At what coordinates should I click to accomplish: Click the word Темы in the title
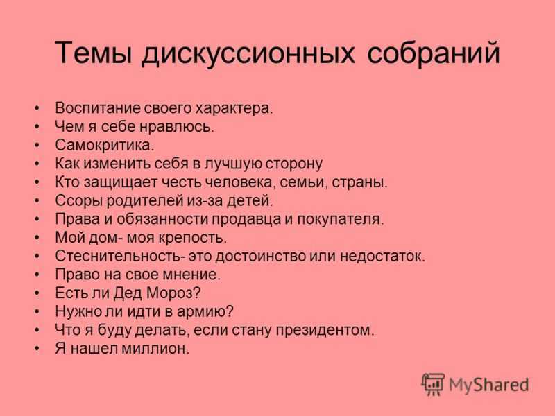[94, 53]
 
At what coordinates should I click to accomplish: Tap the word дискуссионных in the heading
[248, 55]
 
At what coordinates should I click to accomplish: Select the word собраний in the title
[434, 53]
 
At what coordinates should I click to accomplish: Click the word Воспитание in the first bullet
[98, 108]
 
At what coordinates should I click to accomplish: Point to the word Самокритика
[105, 145]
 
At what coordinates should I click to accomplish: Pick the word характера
[234, 108]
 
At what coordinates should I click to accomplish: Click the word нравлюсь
[177, 127]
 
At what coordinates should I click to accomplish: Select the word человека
[239, 182]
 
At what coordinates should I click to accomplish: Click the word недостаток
[383, 256]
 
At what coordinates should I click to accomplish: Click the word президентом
[325, 331]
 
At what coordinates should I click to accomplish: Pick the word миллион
[155, 349]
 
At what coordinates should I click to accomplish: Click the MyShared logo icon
[433, 384]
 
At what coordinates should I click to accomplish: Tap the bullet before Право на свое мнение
[37, 274]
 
